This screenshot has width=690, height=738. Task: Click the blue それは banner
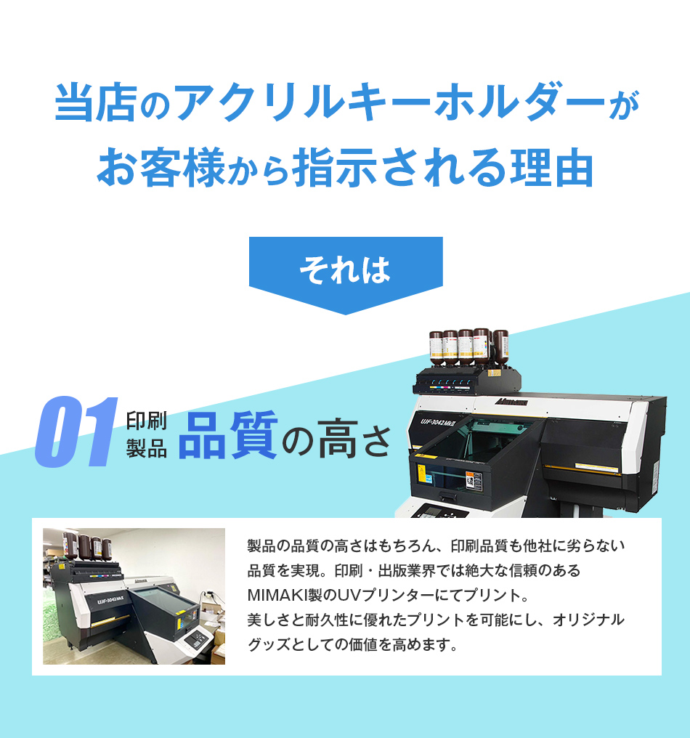pos(346,271)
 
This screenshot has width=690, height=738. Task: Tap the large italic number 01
pos(76,432)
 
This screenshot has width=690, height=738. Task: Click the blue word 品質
pos(228,434)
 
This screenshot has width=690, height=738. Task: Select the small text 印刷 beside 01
pos(147,421)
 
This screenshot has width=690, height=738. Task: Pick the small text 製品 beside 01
pos(147,448)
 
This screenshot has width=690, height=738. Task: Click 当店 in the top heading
pos(96,102)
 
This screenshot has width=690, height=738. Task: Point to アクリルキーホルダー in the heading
pos(390,102)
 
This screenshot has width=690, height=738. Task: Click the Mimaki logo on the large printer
pos(511,402)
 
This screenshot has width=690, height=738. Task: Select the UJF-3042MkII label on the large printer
pos(438,422)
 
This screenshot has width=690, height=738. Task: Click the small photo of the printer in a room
pos(134,596)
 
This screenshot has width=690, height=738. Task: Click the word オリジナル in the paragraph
pos(589,620)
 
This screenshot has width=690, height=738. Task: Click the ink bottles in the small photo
pos(87,545)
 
